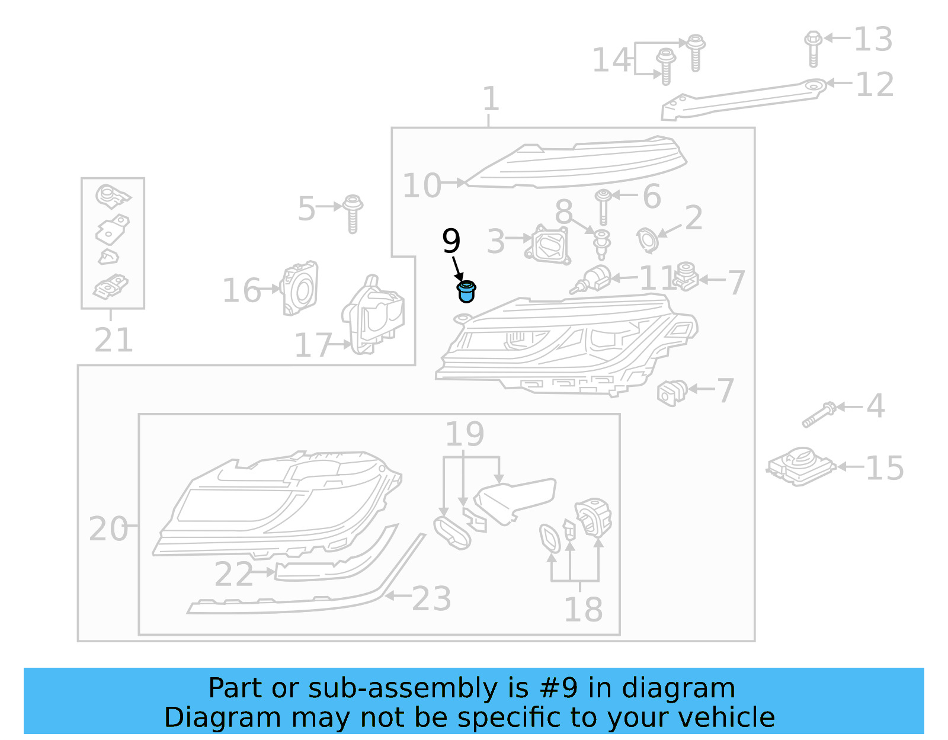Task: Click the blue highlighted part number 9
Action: click(x=466, y=291)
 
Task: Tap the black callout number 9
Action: click(x=451, y=241)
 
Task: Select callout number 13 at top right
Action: click(x=872, y=40)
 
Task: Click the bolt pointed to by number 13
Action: click(x=813, y=47)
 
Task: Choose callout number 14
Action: click(x=611, y=60)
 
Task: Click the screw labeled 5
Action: click(x=353, y=213)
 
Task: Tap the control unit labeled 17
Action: click(x=373, y=317)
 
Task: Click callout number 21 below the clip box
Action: click(x=114, y=340)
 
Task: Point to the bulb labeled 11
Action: click(x=592, y=279)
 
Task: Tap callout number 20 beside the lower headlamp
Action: click(x=108, y=528)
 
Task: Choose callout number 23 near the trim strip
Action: click(x=431, y=598)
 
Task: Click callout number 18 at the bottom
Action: click(x=583, y=609)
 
